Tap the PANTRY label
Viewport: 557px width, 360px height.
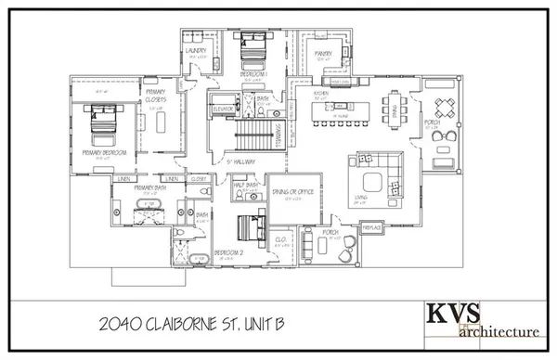pos(322,54)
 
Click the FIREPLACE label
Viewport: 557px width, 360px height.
pos(372,225)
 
